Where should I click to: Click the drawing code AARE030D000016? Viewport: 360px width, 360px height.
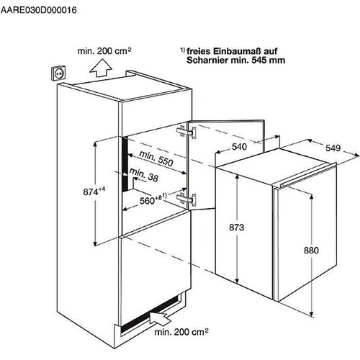(x=38, y=10)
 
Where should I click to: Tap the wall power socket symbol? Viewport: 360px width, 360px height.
(x=59, y=73)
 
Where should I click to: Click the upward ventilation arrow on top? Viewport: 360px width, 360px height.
(x=101, y=68)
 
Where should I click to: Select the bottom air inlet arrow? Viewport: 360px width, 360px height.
(x=160, y=316)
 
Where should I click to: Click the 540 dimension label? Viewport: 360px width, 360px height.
(x=239, y=146)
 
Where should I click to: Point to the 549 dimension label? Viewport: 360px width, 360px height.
(x=333, y=148)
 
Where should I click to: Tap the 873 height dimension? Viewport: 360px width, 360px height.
(x=236, y=227)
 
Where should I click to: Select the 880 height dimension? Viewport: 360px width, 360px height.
(x=311, y=251)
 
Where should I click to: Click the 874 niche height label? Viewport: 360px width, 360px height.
(x=94, y=192)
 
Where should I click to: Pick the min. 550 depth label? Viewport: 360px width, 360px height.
(x=156, y=158)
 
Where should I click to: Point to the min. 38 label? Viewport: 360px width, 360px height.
(x=144, y=175)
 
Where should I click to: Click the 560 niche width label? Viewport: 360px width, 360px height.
(x=153, y=199)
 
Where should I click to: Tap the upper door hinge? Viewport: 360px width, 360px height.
(x=186, y=132)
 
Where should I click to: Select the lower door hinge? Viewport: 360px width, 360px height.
(x=186, y=199)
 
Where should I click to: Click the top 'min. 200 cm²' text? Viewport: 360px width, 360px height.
(x=104, y=51)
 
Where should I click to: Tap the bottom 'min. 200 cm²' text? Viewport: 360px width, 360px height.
(x=181, y=332)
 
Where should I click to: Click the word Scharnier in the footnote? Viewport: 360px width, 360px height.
(x=207, y=60)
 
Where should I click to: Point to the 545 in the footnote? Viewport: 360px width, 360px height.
(x=258, y=60)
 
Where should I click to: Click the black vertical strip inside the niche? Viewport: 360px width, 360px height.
(x=125, y=163)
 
